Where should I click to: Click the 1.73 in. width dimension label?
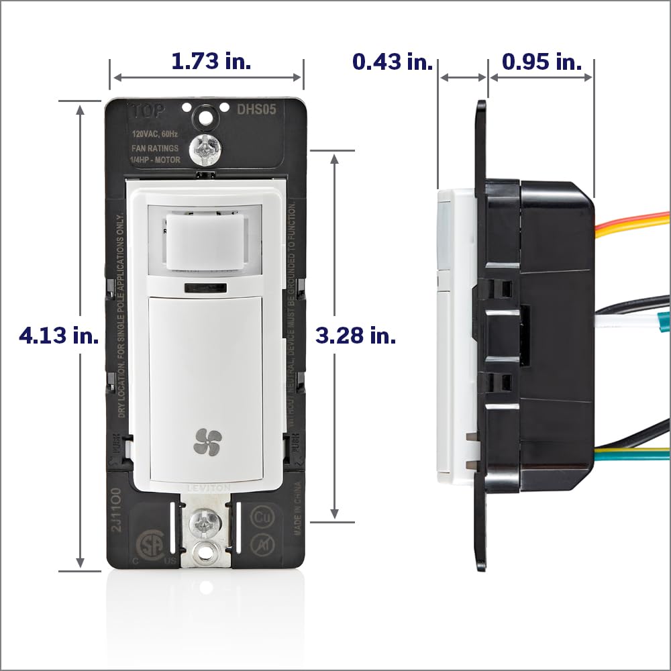(x=211, y=62)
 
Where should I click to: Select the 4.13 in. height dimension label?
(x=59, y=335)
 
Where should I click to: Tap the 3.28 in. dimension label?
(x=356, y=335)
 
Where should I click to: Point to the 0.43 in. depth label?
(x=393, y=62)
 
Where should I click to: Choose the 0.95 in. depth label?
(x=542, y=62)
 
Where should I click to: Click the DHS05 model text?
(x=260, y=109)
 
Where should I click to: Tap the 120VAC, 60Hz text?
(x=152, y=134)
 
